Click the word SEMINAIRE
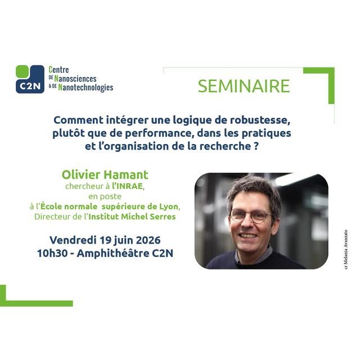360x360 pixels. [244, 86]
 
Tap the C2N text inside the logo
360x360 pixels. [30, 86]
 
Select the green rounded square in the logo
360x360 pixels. [22, 71]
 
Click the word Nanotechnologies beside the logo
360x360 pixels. [85, 88]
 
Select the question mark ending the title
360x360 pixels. [256, 146]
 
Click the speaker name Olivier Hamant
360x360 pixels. [105, 175]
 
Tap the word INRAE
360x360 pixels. [130, 186]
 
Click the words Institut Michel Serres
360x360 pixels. [132, 217]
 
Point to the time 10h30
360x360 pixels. [52, 253]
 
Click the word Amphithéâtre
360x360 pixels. [113, 253]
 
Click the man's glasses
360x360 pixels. [251, 215]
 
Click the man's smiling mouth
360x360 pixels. [247, 236]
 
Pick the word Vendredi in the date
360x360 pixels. [73, 240]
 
